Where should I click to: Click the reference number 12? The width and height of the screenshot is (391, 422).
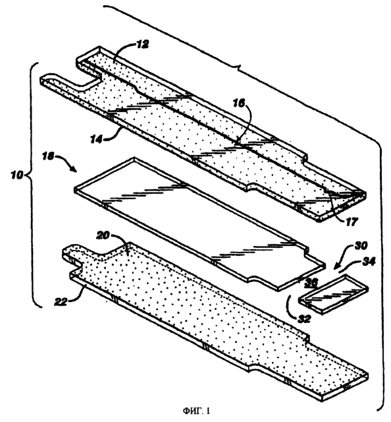[x=143, y=44]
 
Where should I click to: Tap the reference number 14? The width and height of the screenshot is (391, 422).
[x=96, y=139]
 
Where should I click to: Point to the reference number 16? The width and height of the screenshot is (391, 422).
[x=239, y=103]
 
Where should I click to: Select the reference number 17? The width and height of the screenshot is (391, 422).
[x=352, y=222]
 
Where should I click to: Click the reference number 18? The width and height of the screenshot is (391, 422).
[x=48, y=156]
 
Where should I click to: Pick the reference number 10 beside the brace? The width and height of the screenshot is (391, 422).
[x=16, y=175]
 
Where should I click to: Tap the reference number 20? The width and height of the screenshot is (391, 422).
[x=103, y=235]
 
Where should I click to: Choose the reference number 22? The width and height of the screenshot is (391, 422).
[x=61, y=302]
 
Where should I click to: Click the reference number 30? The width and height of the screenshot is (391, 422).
[x=361, y=246]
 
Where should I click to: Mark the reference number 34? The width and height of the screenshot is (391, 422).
[x=369, y=261]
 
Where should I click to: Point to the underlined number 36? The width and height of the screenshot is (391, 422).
[x=311, y=282]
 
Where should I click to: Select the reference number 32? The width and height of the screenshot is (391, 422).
[x=304, y=318]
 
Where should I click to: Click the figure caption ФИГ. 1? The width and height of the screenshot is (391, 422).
[x=196, y=411]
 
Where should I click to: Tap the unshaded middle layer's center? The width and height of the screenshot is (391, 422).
[x=199, y=224]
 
